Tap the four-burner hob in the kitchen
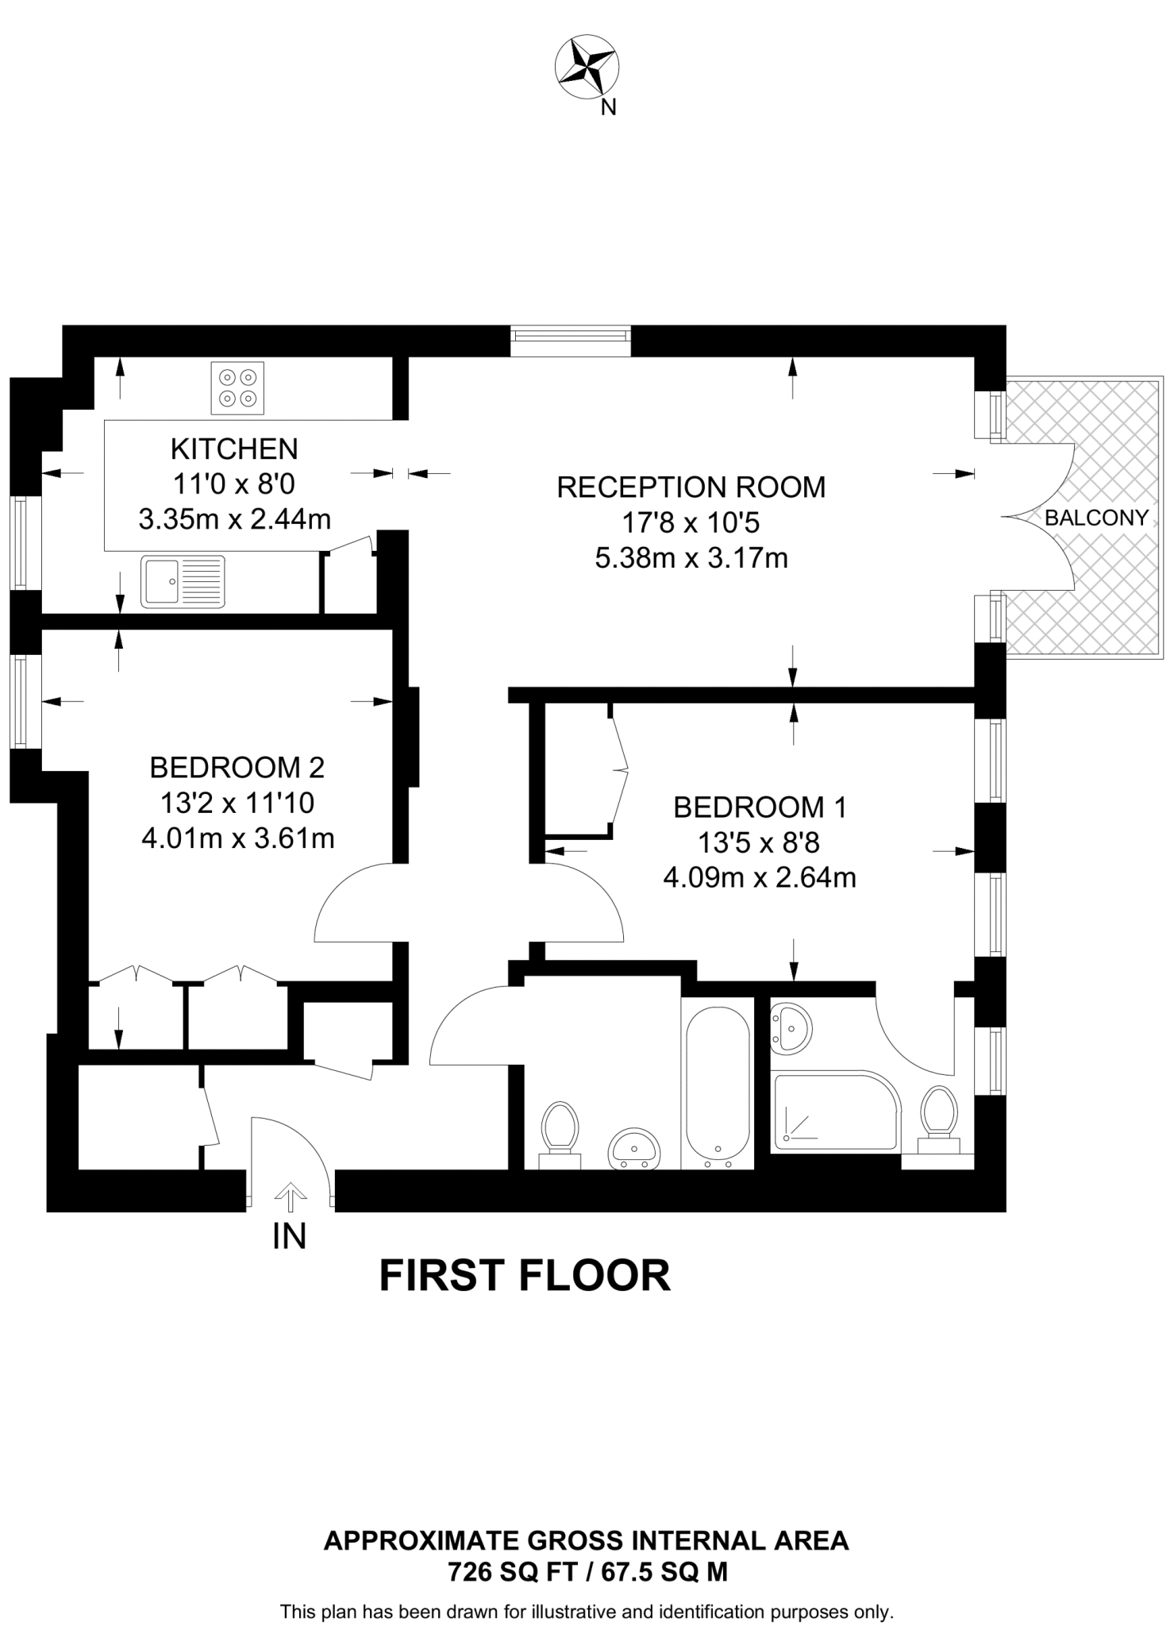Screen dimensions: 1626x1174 [237, 387]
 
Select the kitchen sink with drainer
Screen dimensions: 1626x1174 [183, 581]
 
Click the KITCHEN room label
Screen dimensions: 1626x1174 [234, 449]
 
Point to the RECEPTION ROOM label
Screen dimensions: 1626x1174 [691, 487]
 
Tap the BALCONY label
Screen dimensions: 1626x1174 [1095, 518]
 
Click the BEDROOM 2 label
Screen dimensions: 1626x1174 [237, 768]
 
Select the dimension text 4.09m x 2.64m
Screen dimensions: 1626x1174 [759, 878]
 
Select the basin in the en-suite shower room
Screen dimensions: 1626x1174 [791, 1027]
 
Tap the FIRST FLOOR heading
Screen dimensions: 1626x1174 [524, 1275]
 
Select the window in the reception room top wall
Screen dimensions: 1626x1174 [571, 341]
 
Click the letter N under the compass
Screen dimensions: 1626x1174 [608, 107]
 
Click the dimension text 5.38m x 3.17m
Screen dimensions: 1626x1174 [691, 558]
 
